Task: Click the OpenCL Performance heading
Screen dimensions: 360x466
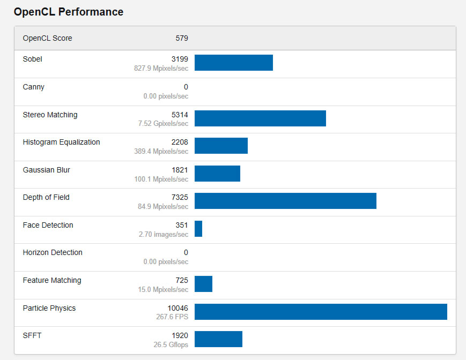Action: (69, 12)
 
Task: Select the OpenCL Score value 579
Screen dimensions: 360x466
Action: (182, 38)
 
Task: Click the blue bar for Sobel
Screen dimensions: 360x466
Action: (234, 63)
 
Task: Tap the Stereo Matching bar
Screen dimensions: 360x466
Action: (260, 118)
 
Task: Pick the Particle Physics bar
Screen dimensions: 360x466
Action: (321, 312)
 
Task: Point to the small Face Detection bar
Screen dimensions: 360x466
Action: (198, 229)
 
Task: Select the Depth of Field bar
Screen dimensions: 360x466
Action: (285, 201)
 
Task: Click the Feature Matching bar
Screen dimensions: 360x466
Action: (203, 284)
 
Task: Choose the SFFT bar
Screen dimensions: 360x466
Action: (218, 339)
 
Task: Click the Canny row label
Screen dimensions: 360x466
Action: (34, 87)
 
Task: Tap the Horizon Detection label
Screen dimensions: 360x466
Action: (53, 252)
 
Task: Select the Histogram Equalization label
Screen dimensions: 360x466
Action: (61, 142)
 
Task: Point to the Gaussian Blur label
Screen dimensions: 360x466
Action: (46, 170)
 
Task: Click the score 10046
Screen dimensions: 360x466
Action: (178, 308)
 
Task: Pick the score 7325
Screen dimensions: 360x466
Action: (180, 197)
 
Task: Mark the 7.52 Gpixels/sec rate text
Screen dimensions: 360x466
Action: (163, 124)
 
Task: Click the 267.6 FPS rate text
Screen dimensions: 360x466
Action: (171, 317)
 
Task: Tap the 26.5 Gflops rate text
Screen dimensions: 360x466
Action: (171, 345)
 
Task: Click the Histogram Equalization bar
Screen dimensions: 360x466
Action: (221, 146)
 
